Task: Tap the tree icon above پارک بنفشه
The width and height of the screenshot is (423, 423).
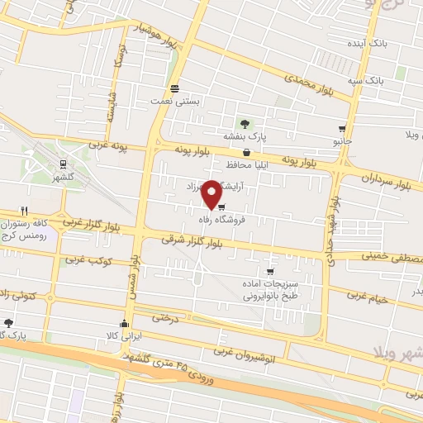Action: click(245, 123)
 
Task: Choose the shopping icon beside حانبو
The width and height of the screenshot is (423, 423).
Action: click(342, 129)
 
